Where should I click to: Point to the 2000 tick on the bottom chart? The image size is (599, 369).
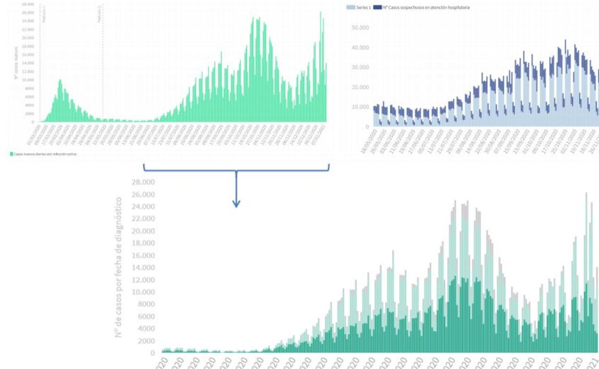point(146,341)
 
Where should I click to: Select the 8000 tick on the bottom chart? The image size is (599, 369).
point(146,304)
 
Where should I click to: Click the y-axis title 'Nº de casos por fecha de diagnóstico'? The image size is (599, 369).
point(119,266)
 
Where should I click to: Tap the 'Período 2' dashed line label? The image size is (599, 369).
point(99,13)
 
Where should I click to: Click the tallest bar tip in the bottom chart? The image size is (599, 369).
point(586,193)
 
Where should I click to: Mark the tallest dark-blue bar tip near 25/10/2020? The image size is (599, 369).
point(565,40)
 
